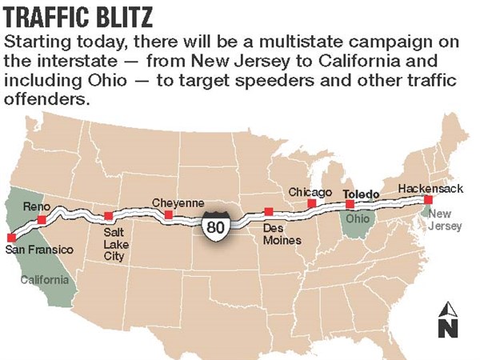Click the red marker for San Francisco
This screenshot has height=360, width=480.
pos(10,238)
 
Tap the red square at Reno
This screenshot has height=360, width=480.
pos(41,218)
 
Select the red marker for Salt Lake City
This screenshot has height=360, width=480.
pos(108,216)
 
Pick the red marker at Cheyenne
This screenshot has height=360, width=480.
pos(168,215)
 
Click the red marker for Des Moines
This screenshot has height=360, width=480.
pos(269,211)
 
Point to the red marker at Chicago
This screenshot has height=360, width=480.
pos(311,204)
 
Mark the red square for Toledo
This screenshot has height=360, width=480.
pos(350,205)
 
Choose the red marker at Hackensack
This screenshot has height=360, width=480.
pos(428,199)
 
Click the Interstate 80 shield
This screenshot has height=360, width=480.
pos(215,226)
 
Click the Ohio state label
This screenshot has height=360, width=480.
pos(358,218)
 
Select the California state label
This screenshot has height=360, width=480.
pos(44,280)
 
